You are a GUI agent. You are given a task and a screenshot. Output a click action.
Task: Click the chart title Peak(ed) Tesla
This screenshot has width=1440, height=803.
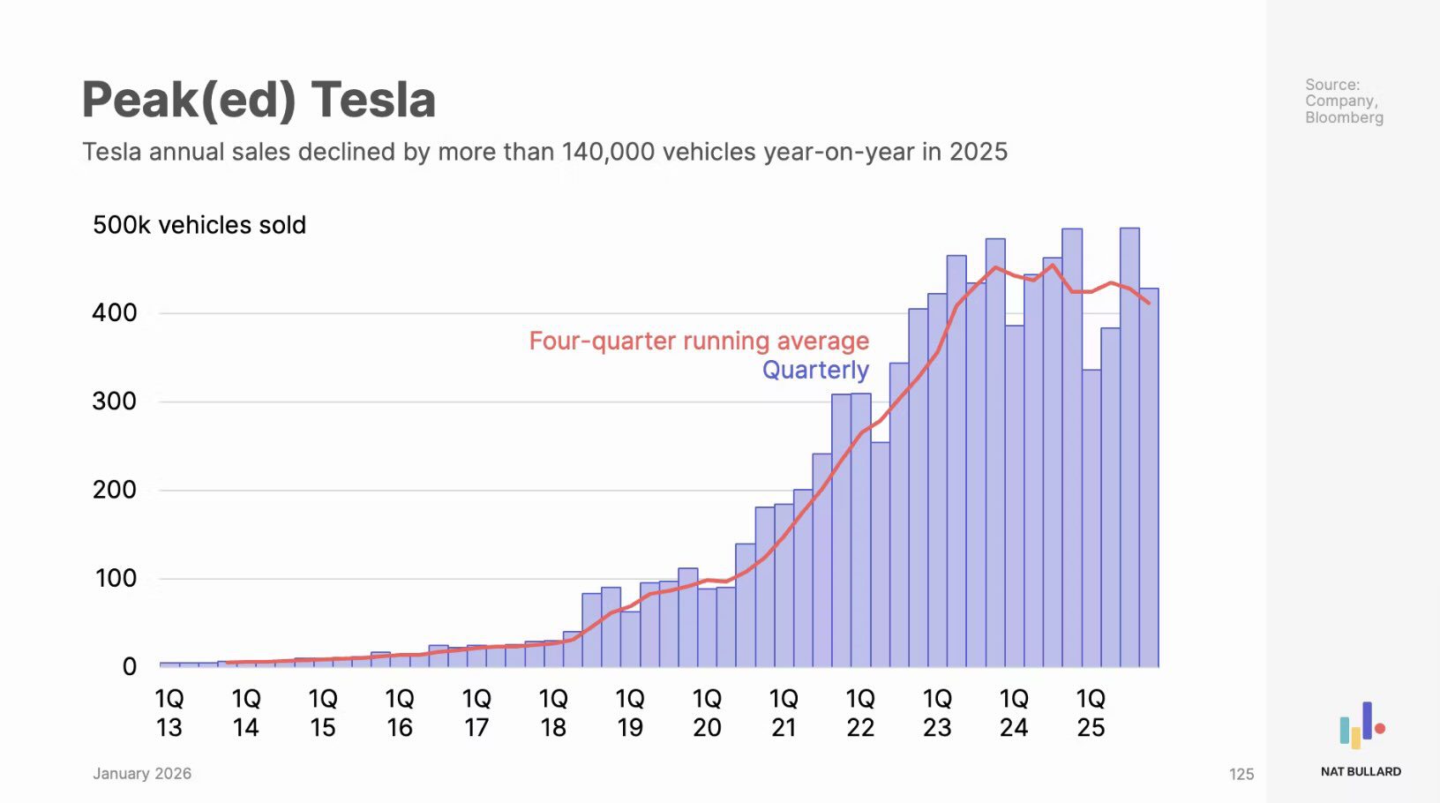(x=259, y=100)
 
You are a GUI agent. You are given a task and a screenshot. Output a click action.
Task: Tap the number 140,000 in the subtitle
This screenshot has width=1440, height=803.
(x=610, y=152)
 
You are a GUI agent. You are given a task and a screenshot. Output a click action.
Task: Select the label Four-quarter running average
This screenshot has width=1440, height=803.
(x=699, y=341)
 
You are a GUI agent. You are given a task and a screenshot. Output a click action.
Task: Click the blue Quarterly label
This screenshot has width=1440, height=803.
(x=815, y=370)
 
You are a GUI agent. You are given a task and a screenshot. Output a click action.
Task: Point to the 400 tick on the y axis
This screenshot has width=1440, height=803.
(x=115, y=312)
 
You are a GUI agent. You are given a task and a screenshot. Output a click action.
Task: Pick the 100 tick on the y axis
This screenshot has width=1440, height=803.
(x=115, y=579)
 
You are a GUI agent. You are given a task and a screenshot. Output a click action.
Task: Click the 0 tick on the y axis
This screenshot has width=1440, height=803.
(x=130, y=667)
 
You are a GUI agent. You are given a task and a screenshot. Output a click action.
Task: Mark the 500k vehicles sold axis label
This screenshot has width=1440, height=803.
(x=199, y=225)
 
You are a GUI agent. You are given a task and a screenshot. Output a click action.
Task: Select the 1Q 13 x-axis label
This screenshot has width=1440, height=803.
(x=169, y=713)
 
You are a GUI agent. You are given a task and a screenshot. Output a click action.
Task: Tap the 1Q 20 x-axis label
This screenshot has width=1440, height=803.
(x=707, y=713)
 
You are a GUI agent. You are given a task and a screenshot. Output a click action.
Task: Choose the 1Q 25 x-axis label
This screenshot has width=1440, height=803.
(x=1091, y=713)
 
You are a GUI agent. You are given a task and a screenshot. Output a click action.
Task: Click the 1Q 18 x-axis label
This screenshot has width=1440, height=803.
(x=553, y=713)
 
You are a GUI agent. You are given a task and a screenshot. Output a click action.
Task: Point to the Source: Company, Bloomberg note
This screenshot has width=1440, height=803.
(x=1344, y=101)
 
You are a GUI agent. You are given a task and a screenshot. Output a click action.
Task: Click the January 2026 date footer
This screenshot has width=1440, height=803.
(x=142, y=774)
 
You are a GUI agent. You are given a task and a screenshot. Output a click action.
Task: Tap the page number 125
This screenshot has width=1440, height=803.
(x=1241, y=775)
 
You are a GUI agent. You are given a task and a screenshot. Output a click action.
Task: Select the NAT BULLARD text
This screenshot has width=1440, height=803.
(x=1361, y=771)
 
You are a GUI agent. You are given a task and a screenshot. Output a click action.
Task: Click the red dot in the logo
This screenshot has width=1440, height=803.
(x=1380, y=728)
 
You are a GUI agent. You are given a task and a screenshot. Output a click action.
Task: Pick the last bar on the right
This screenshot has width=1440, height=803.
(x=1149, y=477)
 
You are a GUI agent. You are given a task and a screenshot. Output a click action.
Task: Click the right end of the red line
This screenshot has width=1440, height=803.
(x=1149, y=304)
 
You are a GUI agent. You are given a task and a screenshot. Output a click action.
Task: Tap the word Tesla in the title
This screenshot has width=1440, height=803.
(x=373, y=100)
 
